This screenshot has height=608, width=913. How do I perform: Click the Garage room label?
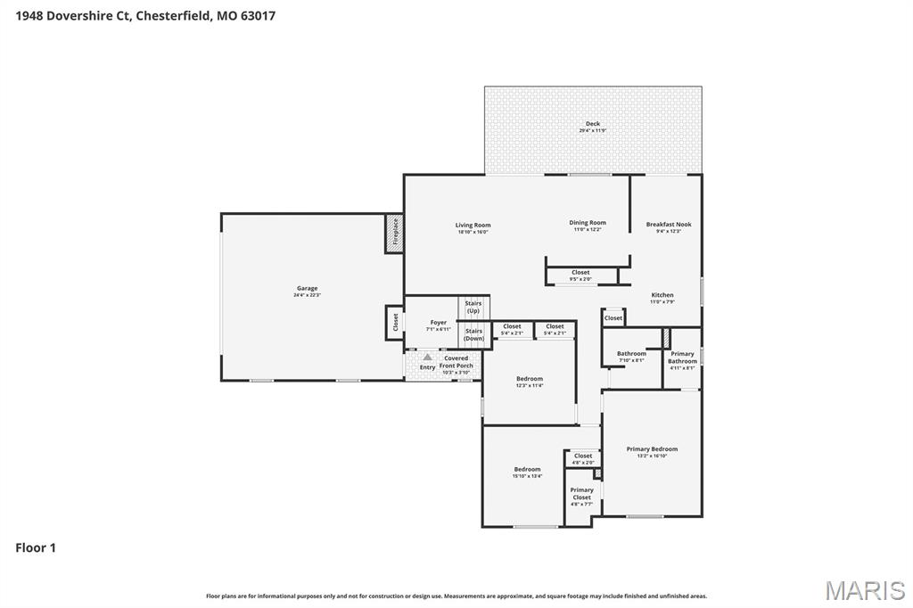pos(307,289)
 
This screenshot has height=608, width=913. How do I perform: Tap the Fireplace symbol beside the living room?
pos(394,233)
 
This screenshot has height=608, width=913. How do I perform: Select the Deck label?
pos(592,125)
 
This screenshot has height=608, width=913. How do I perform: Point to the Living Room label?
pos(473,226)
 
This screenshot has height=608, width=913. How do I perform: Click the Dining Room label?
pos(588,223)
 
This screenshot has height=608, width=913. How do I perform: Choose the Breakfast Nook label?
pos(669,225)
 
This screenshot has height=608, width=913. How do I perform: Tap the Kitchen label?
pos(662,295)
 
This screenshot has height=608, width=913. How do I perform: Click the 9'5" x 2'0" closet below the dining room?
pos(580,275)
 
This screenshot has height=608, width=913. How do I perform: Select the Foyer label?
pos(439,323)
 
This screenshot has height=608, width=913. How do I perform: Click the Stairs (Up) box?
pos(473,307)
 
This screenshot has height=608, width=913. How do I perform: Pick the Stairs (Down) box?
pos(473,334)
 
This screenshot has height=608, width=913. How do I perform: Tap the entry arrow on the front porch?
pos(427,357)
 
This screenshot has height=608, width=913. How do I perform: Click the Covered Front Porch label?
pos(456,362)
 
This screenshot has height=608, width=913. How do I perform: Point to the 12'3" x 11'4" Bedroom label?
pos(529,380)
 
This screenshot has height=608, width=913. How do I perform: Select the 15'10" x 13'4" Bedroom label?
pos(527,470)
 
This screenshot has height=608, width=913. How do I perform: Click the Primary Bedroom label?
pos(652,449)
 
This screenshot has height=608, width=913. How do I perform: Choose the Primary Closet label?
pos(581,494)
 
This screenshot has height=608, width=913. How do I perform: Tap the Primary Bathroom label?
pos(683,357)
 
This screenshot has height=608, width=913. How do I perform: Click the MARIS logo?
pos(864,590)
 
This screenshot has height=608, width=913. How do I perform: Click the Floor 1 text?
pos(36,547)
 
